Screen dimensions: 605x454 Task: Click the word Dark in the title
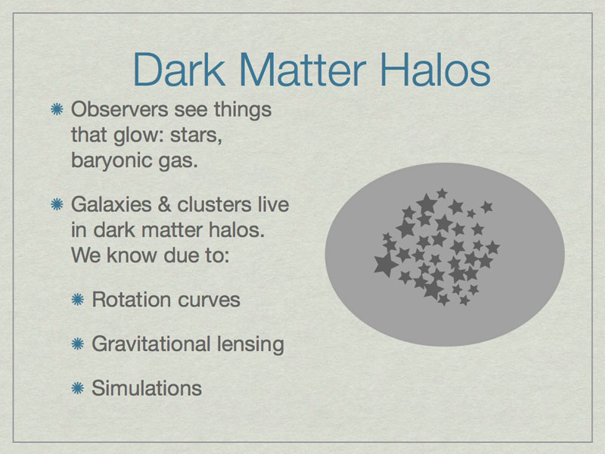click(179, 70)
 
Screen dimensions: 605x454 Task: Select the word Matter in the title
click(302, 70)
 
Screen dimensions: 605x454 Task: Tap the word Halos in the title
click(436, 70)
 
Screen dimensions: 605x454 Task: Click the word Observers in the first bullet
click(120, 109)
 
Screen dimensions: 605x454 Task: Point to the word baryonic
click(111, 160)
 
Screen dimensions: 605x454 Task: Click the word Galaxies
click(111, 204)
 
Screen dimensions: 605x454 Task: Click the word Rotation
click(127, 300)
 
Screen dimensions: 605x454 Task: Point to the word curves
click(203, 300)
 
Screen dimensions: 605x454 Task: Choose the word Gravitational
click(150, 344)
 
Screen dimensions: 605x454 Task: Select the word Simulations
click(147, 388)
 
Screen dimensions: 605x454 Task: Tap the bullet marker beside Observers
click(57, 109)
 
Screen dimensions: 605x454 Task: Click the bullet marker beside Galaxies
click(57, 204)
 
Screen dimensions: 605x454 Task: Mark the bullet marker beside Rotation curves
click(78, 300)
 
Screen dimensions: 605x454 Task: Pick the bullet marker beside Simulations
click(78, 388)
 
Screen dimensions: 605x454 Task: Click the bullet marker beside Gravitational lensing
click(78, 344)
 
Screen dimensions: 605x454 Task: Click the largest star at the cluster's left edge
click(386, 264)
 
